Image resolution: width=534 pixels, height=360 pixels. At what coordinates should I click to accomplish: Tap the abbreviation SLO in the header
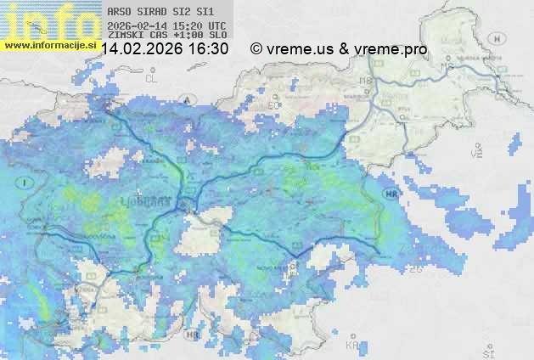(x=217, y=35)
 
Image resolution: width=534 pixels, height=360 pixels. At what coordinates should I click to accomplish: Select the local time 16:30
(x=208, y=49)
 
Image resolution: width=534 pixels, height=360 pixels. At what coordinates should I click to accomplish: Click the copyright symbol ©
(x=256, y=49)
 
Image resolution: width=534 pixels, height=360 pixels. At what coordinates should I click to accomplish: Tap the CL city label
(x=152, y=77)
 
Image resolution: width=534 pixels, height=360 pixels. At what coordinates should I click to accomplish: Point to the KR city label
(x=352, y=346)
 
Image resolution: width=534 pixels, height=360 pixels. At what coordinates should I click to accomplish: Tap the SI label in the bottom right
(x=487, y=350)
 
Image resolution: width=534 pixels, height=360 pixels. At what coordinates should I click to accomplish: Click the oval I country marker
(x=26, y=183)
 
